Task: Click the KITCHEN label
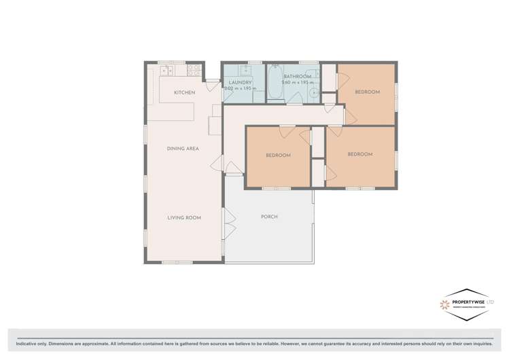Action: coord(184,92)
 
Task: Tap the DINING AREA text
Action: coord(183,148)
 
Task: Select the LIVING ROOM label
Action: coord(184,217)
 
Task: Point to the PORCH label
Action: coord(269,217)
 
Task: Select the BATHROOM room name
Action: coord(297,76)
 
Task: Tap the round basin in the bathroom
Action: coord(314,92)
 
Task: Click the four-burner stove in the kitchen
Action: coord(193,69)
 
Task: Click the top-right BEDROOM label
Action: coord(367,92)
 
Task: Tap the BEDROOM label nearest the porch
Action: coord(277,155)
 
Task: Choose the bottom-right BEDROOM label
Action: coord(359,154)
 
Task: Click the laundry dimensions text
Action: coord(243,89)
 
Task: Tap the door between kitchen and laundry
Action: coord(213,84)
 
